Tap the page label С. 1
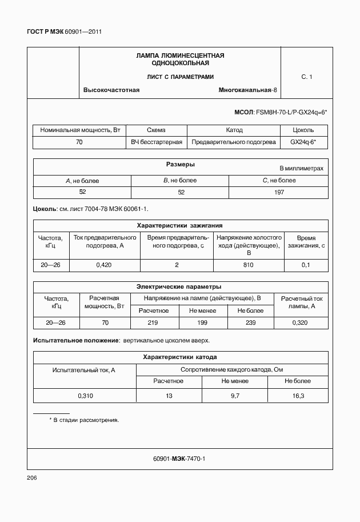point(307,76)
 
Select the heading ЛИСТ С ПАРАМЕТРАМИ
point(179,77)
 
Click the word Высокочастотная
point(111,90)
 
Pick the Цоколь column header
point(303,130)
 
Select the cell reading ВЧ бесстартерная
point(157,142)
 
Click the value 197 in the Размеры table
point(279,192)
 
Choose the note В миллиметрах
point(301,169)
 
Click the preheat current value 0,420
point(103,265)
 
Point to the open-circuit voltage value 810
point(248,265)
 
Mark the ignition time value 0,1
point(306,265)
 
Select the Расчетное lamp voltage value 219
point(153,323)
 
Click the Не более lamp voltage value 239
point(250,323)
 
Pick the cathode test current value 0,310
point(84,395)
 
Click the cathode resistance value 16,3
point(298,395)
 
